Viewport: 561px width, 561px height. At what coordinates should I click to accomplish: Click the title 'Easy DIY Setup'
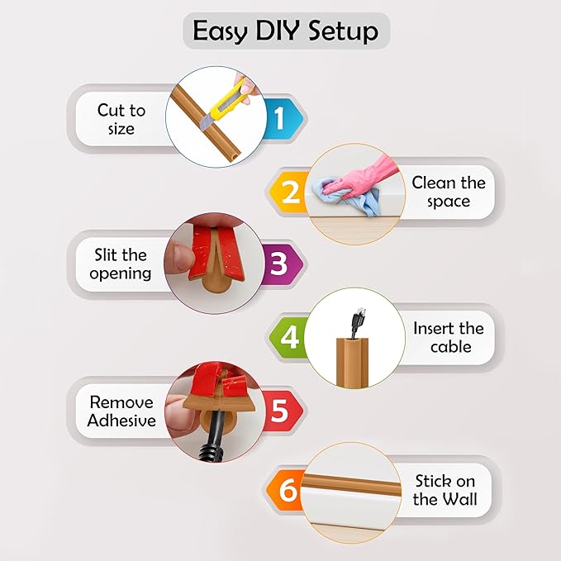(285, 31)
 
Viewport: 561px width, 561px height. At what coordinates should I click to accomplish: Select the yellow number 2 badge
(290, 193)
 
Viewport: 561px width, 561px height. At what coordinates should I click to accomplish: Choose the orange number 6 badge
(288, 490)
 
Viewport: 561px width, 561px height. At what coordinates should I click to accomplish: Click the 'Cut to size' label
(121, 119)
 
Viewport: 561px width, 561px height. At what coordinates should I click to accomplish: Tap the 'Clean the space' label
(448, 192)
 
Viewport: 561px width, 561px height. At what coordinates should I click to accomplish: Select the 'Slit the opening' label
(121, 264)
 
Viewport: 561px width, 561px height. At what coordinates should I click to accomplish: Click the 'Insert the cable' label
(449, 336)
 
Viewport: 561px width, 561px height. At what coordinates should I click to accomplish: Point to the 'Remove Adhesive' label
(121, 411)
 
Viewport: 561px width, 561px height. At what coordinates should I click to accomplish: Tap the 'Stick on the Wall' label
(445, 490)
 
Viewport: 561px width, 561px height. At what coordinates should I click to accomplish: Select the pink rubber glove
(361, 173)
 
